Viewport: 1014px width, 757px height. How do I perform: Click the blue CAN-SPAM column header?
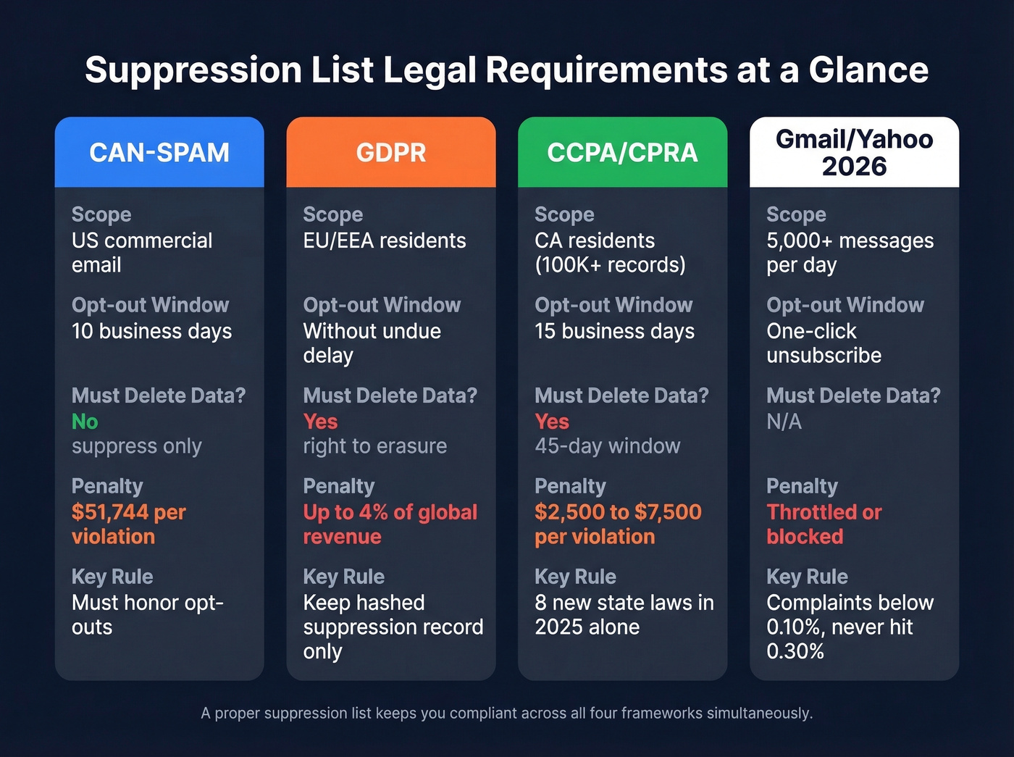pyautogui.click(x=159, y=152)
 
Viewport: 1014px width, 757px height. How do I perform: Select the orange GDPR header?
pyautogui.click(x=391, y=152)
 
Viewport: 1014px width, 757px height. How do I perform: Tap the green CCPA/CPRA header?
pyautogui.click(x=622, y=152)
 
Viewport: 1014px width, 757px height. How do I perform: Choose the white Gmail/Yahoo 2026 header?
pyautogui.click(x=854, y=152)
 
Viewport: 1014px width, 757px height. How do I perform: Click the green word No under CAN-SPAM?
pyautogui.click(x=85, y=422)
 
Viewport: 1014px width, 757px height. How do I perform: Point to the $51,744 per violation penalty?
pyautogui.click(x=128, y=524)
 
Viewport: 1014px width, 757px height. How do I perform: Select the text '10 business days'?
pyautogui.click(x=151, y=331)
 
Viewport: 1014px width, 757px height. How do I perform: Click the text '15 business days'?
pyautogui.click(x=614, y=331)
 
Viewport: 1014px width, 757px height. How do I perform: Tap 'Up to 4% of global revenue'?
pyautogui.click(x=390, y=524)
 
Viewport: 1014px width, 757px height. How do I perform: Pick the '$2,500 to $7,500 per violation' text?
pyautogui.click(x=618, y=524)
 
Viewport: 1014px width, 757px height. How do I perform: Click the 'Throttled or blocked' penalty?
pyautogui.click(x=824, y=524)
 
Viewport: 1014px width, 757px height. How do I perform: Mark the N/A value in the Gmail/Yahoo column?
pyautogui.click(x=784, y=422)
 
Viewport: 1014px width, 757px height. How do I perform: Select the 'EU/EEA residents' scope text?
pyautogui.click(x=385, y=241)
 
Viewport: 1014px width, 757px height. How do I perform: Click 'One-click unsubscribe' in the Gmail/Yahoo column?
pyautogui.click(x=824, y=343)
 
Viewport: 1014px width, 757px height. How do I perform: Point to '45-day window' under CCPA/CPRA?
pyautogui.click(x=608, y=446)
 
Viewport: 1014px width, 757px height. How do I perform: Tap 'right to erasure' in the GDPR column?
pyautogui.click(x=374, y=446)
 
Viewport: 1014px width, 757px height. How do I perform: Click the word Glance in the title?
pyautogui.click(x=868, y=70)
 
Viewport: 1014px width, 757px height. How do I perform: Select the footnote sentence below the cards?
pyautogui.click(x=507, y=714)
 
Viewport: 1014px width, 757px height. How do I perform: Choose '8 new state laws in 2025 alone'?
pyautogui.click(x=624, y=615)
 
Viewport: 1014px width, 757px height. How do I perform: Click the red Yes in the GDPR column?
pyautogui.click(x=320, y=422)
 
